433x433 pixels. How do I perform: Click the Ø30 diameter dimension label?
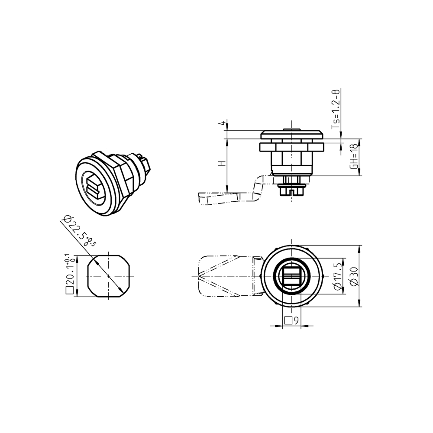click(354, 276)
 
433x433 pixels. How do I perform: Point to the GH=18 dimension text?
click(354, 157)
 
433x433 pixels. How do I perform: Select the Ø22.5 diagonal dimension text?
click(79, 230)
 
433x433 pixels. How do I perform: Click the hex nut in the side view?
click(292, 147)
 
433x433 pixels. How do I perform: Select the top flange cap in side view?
click(292, 134)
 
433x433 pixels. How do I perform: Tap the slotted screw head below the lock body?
click(292, 190)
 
